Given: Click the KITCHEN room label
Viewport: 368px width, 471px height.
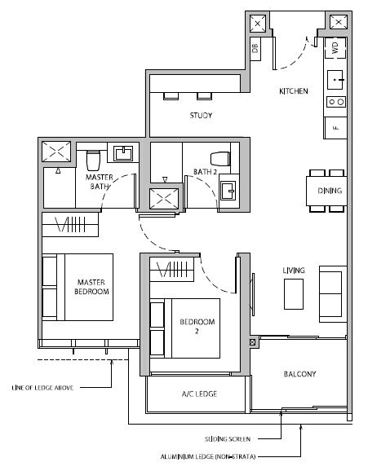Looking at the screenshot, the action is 294,91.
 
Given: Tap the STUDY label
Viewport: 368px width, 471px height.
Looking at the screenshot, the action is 201,116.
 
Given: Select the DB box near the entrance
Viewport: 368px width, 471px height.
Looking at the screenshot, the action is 255,49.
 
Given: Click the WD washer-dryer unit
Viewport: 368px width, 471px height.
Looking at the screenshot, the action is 335,48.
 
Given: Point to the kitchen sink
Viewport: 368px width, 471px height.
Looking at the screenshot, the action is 335,80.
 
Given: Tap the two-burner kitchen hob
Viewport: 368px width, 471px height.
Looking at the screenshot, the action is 336,102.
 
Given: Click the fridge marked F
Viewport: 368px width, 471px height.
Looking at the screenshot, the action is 335,128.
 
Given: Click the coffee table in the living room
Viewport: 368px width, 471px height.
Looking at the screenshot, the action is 294,294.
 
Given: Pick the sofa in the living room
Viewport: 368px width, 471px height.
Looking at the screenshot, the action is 333,294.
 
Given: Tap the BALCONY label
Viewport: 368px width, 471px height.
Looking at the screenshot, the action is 299,374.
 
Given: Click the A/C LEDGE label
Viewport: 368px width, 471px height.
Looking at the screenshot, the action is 199,394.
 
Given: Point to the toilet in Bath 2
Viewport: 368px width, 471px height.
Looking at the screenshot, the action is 220,159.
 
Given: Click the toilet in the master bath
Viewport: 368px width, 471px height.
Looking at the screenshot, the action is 93,160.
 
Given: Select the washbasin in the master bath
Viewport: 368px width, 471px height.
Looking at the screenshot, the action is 122,153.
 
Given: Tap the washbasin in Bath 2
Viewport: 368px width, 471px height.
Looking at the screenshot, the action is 228,191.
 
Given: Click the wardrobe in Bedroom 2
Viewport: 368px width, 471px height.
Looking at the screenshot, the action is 172,270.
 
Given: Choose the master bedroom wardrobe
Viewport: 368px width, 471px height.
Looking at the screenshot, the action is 70,224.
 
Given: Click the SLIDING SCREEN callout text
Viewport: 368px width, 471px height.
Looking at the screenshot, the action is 228,439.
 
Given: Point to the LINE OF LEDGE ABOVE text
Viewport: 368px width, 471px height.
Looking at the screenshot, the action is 42,388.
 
